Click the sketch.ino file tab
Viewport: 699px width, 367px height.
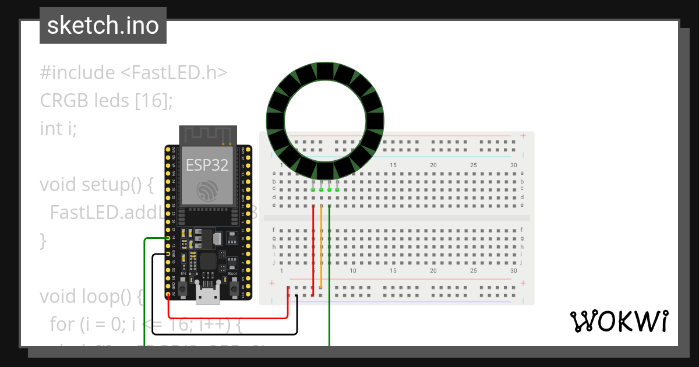(103, 26)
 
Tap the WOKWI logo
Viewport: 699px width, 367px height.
(619, 322)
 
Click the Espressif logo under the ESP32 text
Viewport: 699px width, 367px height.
(208, 190)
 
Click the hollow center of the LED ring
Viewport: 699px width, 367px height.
(325, 121)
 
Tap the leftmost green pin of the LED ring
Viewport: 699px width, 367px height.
(313, 190)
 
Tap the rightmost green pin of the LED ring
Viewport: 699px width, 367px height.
(337, 190)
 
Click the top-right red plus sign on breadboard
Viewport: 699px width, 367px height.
(523, 136)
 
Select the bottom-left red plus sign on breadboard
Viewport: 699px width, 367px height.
(271, 284)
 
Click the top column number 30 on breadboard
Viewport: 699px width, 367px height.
(513, 165)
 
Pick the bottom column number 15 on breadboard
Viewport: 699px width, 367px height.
(393, 271)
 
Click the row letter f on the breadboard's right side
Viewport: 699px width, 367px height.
(522, 230)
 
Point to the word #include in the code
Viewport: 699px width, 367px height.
(77, 73)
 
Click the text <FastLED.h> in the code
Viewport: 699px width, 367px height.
(174, 73)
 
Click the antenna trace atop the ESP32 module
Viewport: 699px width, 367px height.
(208, 135)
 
